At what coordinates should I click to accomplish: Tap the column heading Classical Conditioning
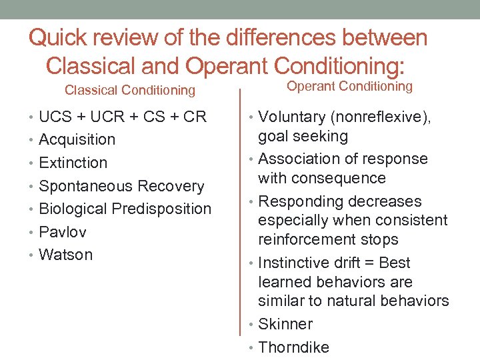[129, 90]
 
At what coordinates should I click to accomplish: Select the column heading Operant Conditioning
[349, 86]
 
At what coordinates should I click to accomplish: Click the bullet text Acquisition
[77, 140]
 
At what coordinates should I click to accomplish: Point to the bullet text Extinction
[73, 163]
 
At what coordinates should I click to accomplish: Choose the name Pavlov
[63, 232]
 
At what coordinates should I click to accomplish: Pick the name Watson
[66, 255]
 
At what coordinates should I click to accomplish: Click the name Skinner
[285, 324]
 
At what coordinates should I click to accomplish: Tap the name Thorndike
[293, 347]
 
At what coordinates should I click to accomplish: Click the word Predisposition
[161, 209]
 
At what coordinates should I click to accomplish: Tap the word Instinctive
[295, 263]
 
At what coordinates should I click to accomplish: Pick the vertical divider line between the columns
[240, 220]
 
